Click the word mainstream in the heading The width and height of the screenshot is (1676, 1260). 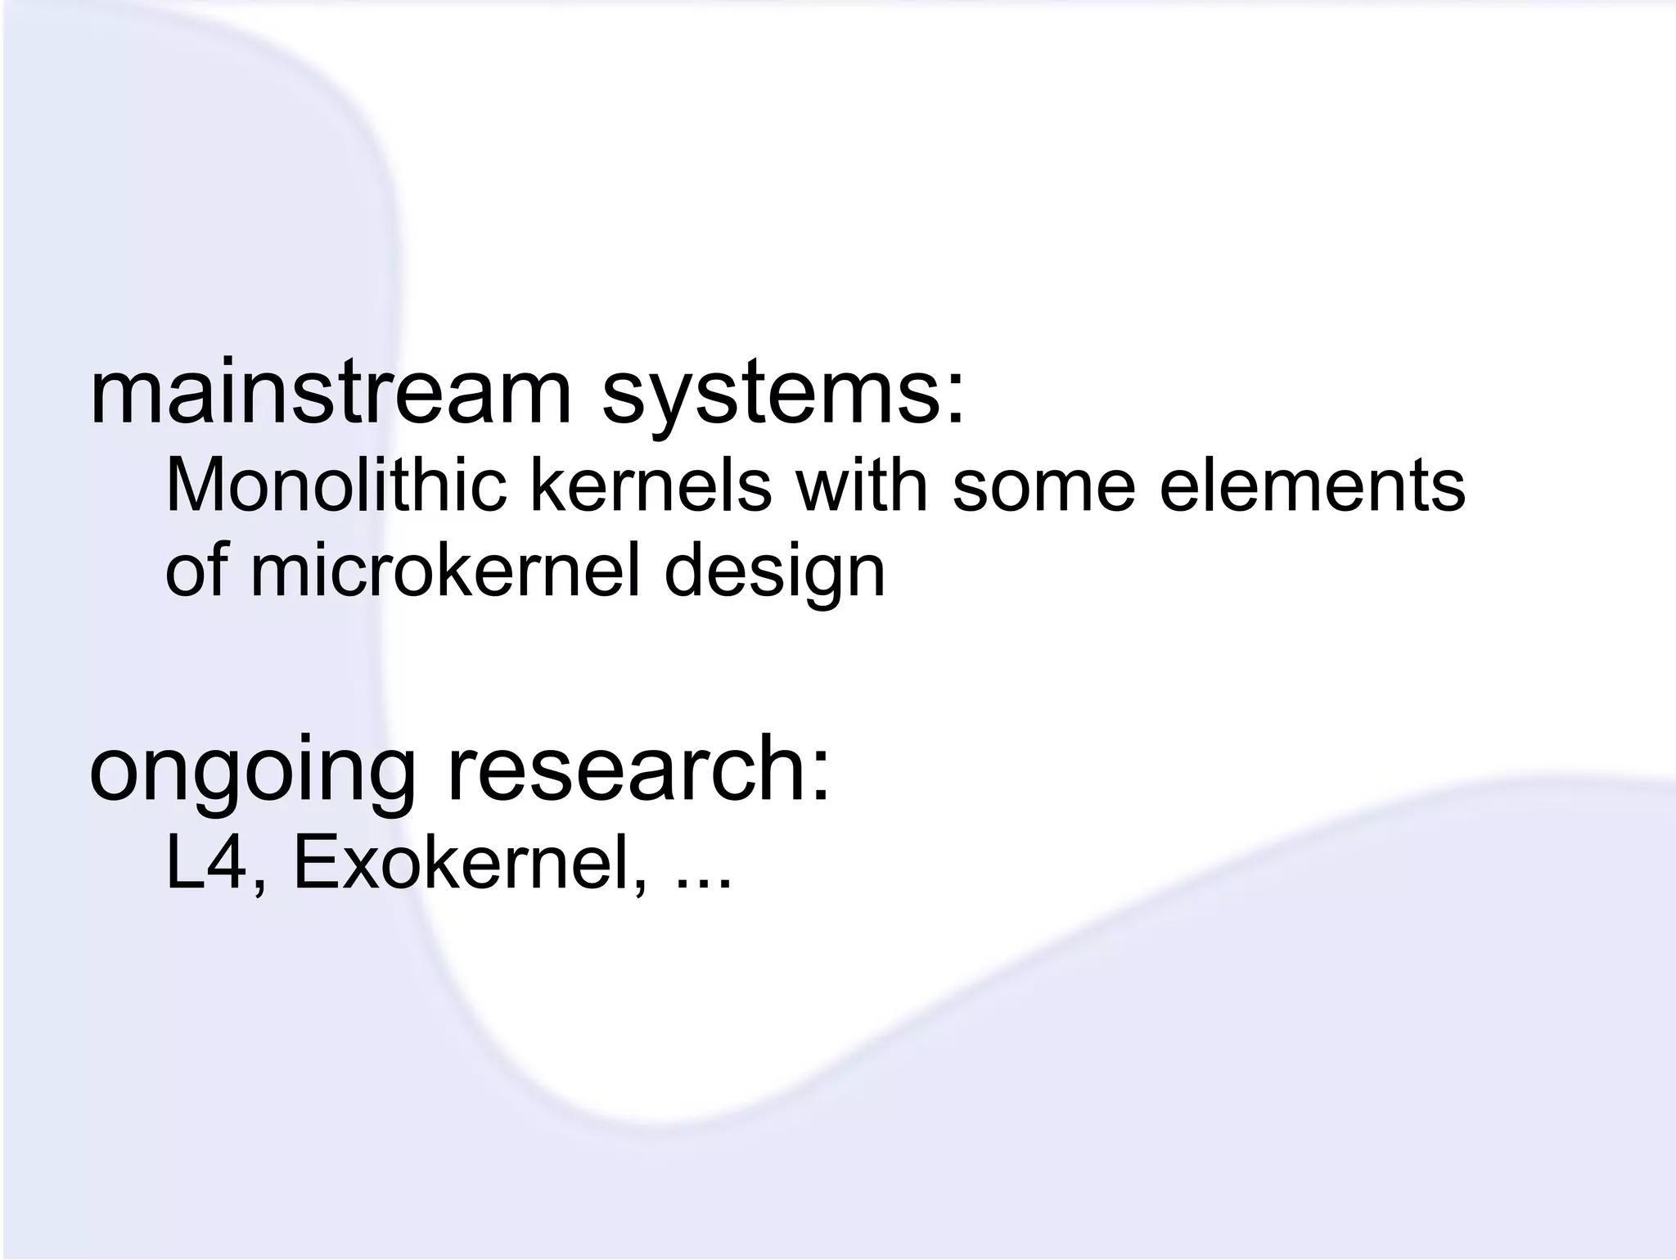pos(330,395)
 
